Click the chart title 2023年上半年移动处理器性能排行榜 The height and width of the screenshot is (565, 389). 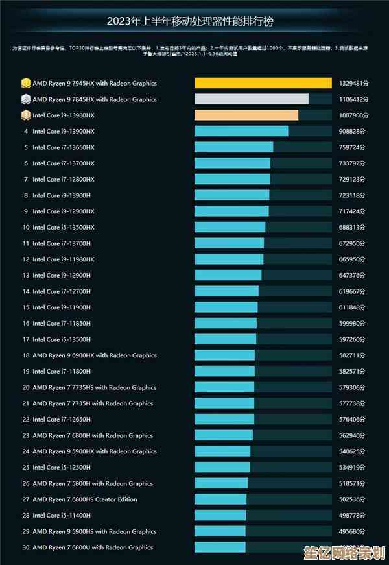(x=191, y=22)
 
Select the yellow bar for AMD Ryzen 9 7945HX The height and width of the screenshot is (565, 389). (x=263, y=83)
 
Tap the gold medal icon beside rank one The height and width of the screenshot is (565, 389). (x=26, y=83)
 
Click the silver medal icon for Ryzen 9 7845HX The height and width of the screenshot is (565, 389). (x=26, y=99)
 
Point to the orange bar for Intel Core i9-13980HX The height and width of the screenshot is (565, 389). (x=246, y=115)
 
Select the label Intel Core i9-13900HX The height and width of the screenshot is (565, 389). (x=64, y=131)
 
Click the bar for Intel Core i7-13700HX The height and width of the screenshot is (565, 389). (x=232, y=163)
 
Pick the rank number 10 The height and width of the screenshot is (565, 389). (x=26, y=228)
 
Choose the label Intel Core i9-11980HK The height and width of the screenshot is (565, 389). (x=64, y=259)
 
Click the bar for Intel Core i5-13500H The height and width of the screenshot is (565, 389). (x=225, y=339)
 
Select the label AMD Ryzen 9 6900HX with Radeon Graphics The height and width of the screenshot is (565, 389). (x=95, y=355)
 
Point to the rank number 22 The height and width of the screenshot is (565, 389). (x=26, y=420)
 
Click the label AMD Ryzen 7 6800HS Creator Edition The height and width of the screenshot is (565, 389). (x=85, y=499)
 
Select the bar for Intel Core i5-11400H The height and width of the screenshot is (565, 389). (x=220, y=515)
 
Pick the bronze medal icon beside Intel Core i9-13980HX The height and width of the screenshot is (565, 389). (x=26, y=115)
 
